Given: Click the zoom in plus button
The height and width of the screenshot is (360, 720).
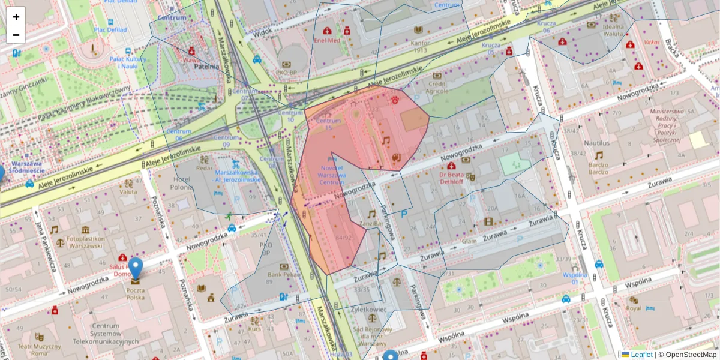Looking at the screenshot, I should point(16,16).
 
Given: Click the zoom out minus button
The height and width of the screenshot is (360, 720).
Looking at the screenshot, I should point(16,35).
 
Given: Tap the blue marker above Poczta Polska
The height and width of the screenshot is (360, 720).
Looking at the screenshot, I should point(136,268).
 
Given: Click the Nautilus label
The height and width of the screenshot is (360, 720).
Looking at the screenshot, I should point(596,143).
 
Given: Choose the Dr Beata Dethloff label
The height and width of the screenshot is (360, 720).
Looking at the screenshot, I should point(451,178).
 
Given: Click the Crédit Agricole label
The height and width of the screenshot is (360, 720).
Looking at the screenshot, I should point(436,88).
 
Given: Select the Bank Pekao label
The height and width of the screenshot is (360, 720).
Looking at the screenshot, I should point(284,275).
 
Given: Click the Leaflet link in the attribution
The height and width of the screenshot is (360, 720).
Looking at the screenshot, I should point(641,355).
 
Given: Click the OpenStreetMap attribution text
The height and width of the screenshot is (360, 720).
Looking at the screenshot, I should point(692,355).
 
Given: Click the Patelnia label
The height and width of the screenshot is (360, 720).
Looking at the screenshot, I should point(206,67).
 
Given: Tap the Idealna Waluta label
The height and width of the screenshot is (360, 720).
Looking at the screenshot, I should point(614,30).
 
